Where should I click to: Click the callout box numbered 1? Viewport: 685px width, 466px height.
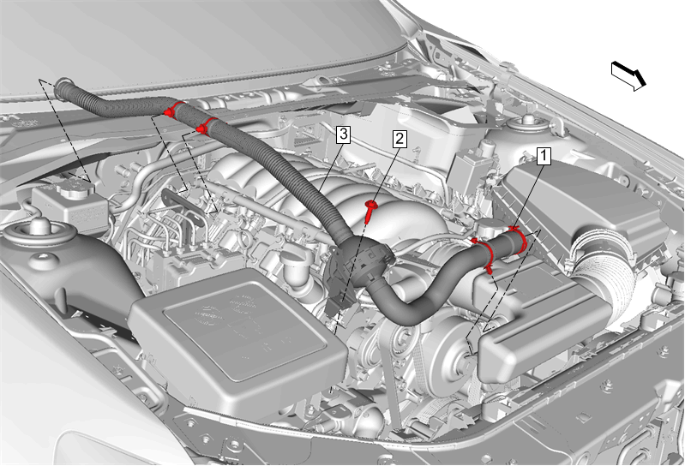(544, 156)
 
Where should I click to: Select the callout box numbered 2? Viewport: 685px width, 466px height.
(399, 139)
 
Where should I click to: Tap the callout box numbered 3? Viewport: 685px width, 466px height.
(343, 134)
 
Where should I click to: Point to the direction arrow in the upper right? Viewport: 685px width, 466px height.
(628, 75)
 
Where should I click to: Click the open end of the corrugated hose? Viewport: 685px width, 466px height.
(63, 87)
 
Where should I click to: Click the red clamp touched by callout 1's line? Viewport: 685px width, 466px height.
(518, 240)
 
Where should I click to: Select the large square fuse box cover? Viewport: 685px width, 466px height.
(238, 336)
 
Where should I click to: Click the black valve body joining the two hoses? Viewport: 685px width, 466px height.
(359, 261)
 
